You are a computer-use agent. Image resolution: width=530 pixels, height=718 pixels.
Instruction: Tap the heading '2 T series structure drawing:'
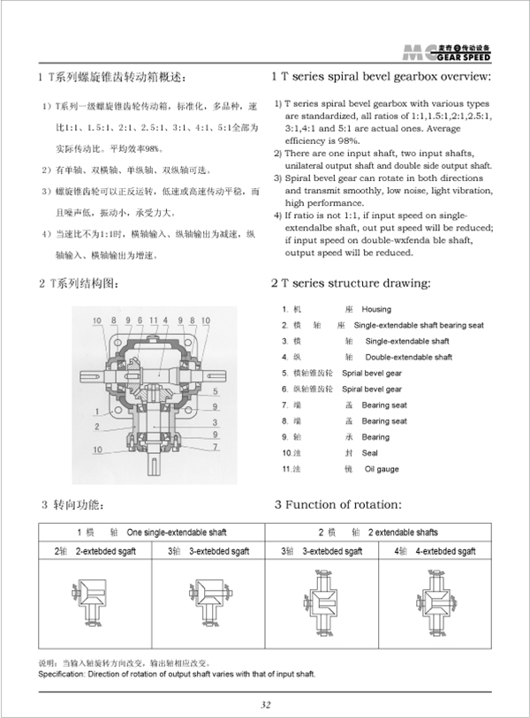click(352, 283)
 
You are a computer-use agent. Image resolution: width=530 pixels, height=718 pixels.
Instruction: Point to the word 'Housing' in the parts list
click(376, 310)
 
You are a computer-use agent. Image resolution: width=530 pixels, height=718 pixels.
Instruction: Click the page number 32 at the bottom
click(265, 704)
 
